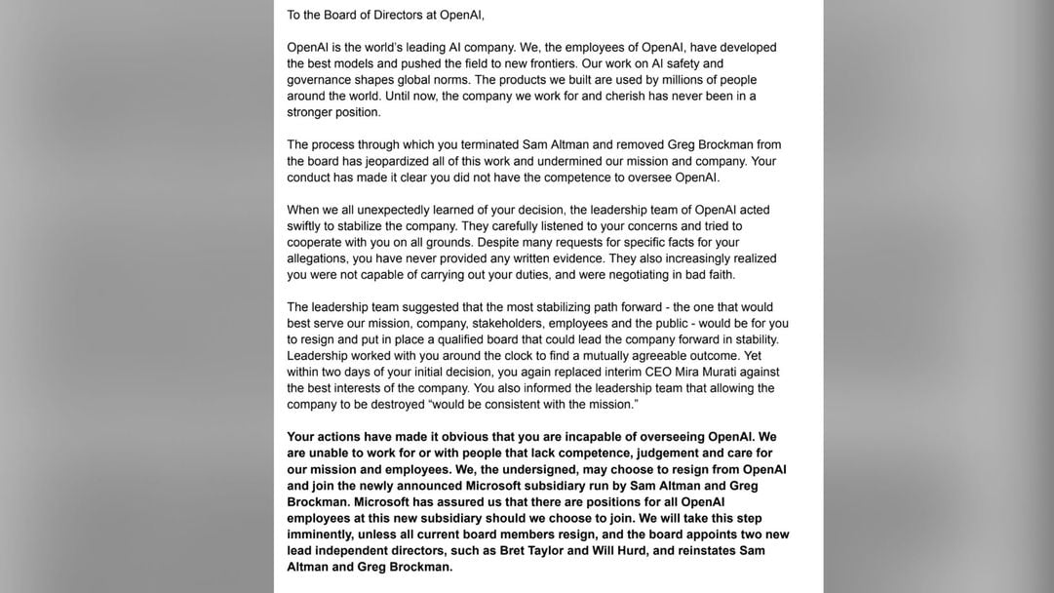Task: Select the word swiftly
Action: pyautogui.click(x=307, y=226)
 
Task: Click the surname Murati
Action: pyautogui.click(x=672, y=372)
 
